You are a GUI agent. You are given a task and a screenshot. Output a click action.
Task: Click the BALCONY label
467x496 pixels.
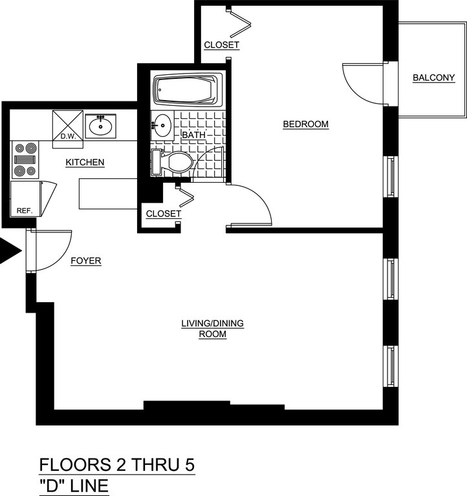[x=434, y=77]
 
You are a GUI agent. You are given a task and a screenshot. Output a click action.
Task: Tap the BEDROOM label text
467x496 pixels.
[x=306, y=124]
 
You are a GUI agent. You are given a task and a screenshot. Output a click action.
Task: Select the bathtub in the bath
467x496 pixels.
[x=188, y=89]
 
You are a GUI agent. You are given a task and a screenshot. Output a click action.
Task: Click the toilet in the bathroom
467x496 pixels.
[x=173, y=162]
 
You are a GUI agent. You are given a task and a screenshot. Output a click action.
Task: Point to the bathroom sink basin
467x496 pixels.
[x=163, y=125]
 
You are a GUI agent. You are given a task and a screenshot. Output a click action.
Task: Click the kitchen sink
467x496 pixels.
[x=100, y=126]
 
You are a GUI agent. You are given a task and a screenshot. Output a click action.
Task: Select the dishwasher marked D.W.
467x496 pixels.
[x=68, y=125]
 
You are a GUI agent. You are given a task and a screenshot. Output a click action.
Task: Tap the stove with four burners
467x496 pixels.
[x=25, y=160]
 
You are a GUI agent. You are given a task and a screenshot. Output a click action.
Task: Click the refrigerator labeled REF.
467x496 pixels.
[x=25, y=199]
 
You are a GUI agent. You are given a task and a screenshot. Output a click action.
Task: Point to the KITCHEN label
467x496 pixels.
[x=85, y=162]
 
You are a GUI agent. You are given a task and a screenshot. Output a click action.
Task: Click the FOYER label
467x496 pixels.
[x=86, y=261]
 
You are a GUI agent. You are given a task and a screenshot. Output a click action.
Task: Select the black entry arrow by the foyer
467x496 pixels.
[x=10, y=251]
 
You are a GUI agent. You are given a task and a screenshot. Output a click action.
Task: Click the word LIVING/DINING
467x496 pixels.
[x=213, y=324]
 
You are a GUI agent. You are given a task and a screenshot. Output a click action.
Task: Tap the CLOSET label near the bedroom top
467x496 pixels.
[x=221, y=45]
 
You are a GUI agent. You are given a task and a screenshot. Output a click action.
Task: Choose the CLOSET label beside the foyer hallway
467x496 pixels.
[x=164, y=214]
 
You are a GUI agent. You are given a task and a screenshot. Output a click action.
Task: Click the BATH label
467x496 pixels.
[x=194, y=135]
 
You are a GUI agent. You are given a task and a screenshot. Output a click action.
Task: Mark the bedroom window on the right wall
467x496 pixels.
[x=391, y=176]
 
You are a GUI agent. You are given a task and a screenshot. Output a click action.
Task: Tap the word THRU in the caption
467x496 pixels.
[x=150, y=465]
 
